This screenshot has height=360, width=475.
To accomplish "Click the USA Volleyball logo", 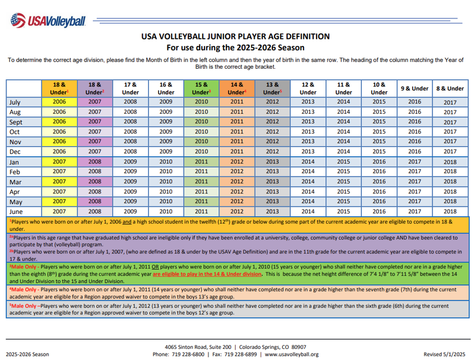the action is tap(48, 20).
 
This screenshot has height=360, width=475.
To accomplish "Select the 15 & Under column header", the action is tap(201, 89).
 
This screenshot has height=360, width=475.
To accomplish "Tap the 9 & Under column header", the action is tap(414, 89).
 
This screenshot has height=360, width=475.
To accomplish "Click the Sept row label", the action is tap(16, 122).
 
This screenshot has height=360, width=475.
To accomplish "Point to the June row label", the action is tap(16, 212).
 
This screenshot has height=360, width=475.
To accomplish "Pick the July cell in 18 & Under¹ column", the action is tap(59, 102).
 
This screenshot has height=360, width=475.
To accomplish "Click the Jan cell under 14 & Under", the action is tap(237, 162).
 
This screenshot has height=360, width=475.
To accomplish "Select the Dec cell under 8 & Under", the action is tap(450, 152).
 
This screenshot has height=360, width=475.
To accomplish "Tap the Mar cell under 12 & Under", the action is tap(308, 181).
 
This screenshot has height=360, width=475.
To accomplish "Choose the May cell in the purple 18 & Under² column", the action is tap(95, 201).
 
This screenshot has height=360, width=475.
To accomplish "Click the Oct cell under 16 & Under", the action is tap(166, 132).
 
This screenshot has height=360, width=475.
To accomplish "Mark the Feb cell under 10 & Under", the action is tap(379, 172).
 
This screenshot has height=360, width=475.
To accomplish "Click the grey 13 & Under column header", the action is tap(272, 89).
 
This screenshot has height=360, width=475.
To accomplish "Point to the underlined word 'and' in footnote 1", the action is tap(127, 222).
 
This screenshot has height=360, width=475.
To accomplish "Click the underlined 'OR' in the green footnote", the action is tap(155, 267).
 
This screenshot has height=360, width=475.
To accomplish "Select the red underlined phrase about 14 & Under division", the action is tap(207, 274).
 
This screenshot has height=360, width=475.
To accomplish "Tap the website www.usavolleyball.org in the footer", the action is tap(292, 354).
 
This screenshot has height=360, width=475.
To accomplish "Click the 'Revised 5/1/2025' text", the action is tap(444, 354).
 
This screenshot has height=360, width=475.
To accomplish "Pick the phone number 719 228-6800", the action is tap(188, 354).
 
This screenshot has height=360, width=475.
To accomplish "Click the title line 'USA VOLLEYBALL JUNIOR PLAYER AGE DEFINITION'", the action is tap(235, 36).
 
